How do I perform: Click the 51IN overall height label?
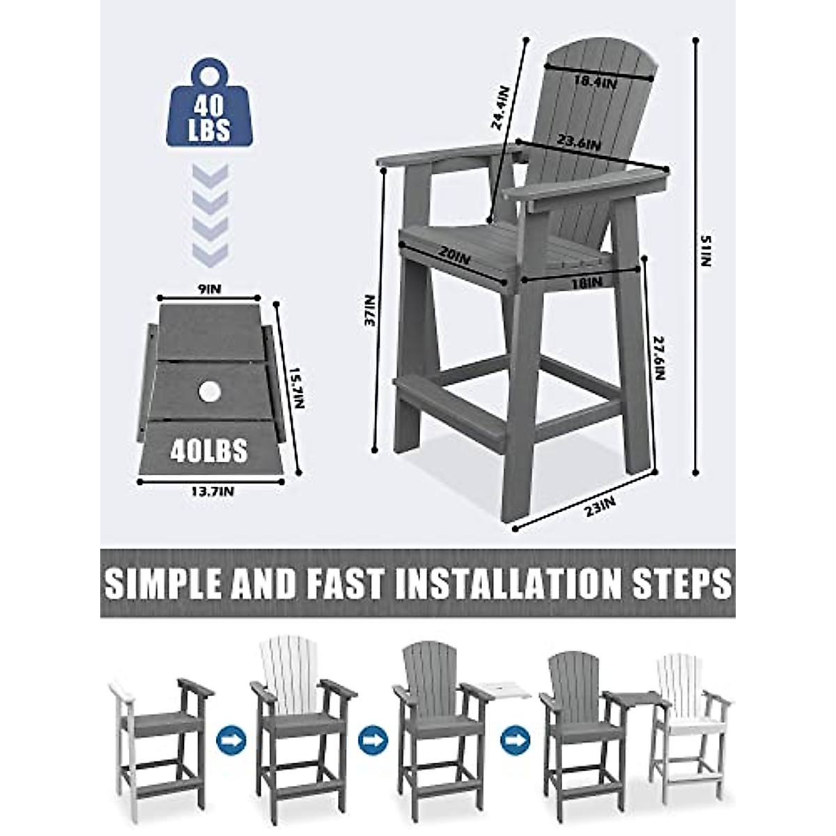coord(706,251)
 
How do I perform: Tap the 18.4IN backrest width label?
coord(594,82)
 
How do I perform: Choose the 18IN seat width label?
coord(585,282)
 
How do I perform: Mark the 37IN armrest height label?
coord(369,311)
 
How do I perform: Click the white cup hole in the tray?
coord(208,392)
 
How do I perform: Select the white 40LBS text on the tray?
coord(209,451)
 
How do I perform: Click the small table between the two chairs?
coord(630,699)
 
